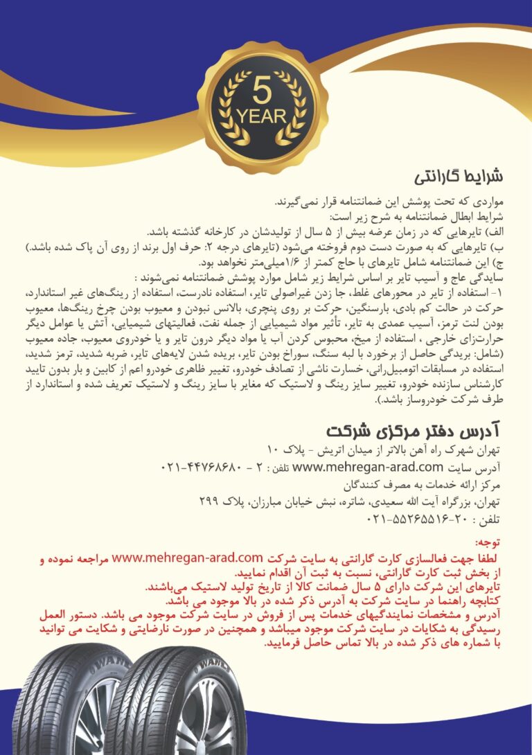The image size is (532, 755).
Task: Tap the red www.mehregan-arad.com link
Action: (186, 557)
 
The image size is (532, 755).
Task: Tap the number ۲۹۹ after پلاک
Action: (209, 501)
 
